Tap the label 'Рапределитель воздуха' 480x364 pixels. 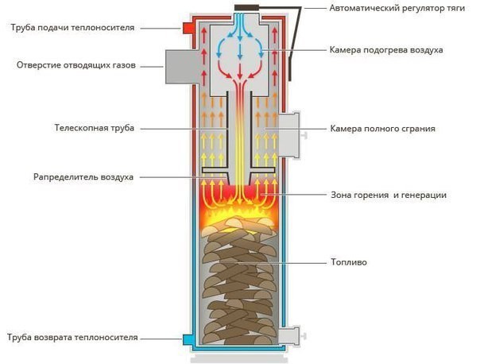[83, 176]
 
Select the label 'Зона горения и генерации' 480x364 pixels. [388, 194]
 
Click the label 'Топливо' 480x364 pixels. [347, 261]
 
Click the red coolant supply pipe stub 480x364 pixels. [190, 29]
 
